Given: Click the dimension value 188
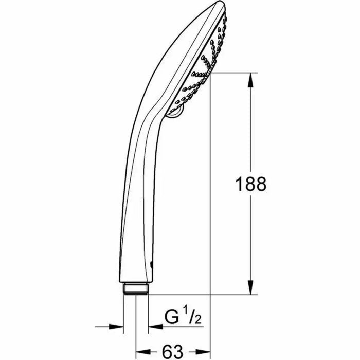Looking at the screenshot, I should click(x=250, y=184).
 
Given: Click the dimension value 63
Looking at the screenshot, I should click(x=173, y=352).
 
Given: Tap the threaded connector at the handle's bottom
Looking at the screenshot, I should click(x=136, y=289).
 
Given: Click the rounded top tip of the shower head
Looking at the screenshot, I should click(x=219, y=6).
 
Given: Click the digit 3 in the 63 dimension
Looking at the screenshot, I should click(x=178, y=352).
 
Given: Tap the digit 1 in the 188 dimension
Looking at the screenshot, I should click(x=238, y=184).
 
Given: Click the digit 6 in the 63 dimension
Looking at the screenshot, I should click(x=167, y=352).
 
